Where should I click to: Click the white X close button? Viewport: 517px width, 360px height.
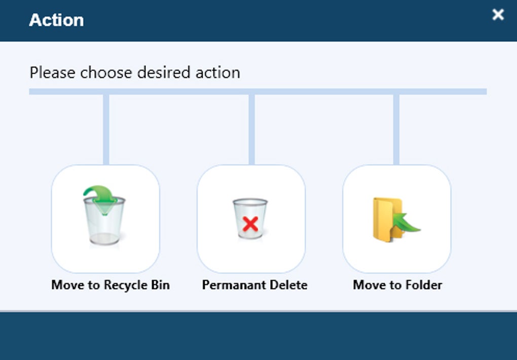(498, 15)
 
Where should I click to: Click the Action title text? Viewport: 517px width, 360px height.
(56, 20)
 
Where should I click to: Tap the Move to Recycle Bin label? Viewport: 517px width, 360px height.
(110, 285)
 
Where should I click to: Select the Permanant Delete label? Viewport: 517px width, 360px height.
(254, 285)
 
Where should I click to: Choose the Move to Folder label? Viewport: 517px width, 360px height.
(397, 285)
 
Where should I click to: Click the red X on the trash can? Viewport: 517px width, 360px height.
(250, 224)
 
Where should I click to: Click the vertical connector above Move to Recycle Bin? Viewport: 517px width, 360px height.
(106, 129)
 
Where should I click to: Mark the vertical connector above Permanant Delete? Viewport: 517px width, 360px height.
(251, 129)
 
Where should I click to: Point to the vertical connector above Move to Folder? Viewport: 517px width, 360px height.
(396, 129)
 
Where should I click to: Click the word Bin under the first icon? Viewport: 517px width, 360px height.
(159, 285)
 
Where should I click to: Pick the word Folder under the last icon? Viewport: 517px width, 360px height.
(424, 285)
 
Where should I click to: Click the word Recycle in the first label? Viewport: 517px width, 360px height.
(124, 285)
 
